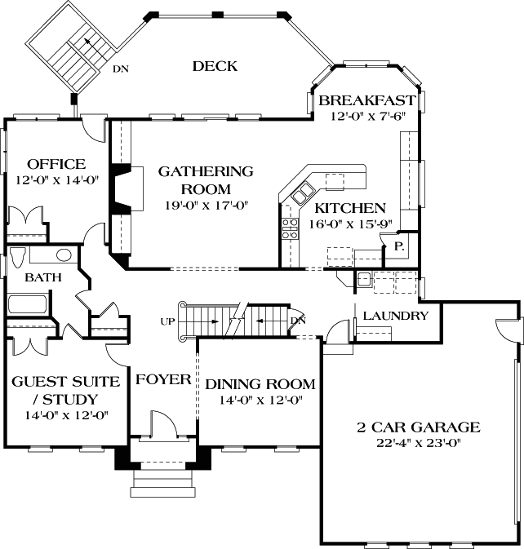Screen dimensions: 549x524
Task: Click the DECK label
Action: click(215, 66)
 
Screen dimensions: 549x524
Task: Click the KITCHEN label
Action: click(350, 207)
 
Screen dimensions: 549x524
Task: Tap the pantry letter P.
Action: click(399, 245)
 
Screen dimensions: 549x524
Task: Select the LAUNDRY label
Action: click(395, 315)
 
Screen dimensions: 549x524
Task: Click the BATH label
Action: click(42, 277)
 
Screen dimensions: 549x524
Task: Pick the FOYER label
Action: click(163, 379)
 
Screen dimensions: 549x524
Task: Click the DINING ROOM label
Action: click(260, 384)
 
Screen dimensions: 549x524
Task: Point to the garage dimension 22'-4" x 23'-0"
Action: click(418, 444)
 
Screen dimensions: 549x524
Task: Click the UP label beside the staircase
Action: click(168, 321)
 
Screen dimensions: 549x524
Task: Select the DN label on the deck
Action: click(120, 69)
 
